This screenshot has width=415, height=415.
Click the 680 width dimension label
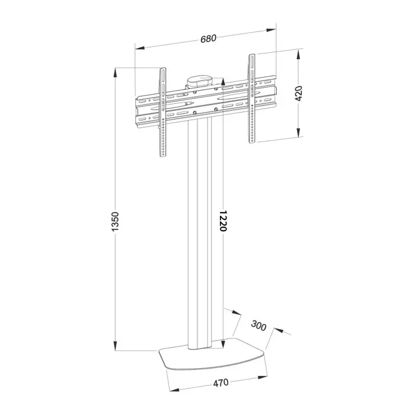208,38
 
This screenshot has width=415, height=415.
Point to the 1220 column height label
222,221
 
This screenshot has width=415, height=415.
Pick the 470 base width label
221,382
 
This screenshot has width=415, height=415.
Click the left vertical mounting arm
163,113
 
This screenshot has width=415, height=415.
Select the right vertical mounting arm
252,98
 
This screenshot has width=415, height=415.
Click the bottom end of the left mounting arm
163,155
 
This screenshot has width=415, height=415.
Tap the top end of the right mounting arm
252,57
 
